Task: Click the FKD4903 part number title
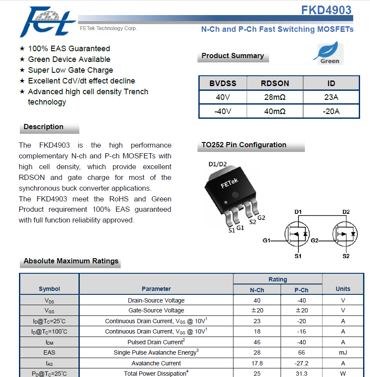(326, 10)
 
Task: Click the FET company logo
(47, 22)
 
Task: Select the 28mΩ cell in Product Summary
(275, 97)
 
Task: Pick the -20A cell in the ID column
(331, 111)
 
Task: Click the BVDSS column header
(223, 83)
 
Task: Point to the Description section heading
(44, 127)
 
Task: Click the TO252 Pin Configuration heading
(244, 145)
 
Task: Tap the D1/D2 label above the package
(218, 164)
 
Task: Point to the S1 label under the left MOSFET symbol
(298, 256)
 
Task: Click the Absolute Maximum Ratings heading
(71, 261)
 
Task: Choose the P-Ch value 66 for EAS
(301, 352)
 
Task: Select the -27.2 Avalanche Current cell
(301, 363)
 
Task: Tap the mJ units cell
(343, 352)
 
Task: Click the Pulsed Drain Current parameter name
(156, 342)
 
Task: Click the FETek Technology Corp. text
(108, 28)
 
